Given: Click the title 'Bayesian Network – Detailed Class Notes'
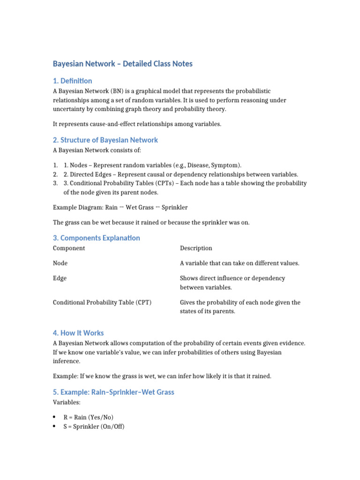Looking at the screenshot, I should (x=122, y=64).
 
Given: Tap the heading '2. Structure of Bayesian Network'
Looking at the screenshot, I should (x=105, y=140).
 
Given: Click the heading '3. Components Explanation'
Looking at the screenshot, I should (x=96, y=238).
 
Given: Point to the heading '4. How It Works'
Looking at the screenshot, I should (x=78, y=333).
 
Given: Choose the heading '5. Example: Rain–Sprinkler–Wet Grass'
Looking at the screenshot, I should (x=113, y=392).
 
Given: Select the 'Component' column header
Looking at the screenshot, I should (x=69, y=248).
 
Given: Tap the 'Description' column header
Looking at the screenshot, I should (x=196, y=248).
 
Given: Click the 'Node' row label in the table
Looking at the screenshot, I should (x=60, y=263).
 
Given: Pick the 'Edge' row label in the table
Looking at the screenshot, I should (x=60, y=278).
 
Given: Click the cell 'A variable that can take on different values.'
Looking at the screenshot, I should (x=240, y=263).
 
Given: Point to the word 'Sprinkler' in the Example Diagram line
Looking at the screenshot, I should (x=175, y=207).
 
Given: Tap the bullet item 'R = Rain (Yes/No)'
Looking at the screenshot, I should (x=89, y=417).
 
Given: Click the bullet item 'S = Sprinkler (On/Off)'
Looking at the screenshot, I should (x=94, y=427).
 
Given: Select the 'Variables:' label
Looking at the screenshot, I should (x=66, y=402).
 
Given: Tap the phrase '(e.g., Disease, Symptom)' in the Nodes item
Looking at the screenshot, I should (x=204, y=165).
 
